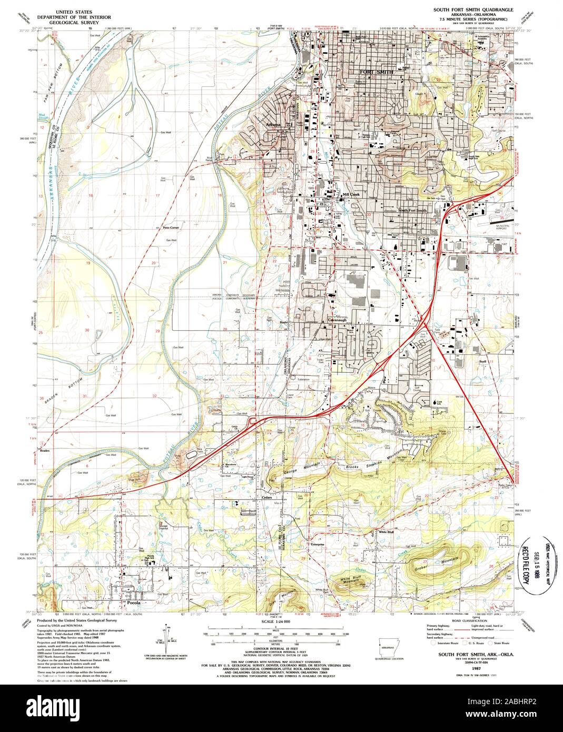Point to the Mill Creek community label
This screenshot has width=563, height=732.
coord(350,194)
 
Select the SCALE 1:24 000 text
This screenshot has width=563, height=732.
coord(276,622)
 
